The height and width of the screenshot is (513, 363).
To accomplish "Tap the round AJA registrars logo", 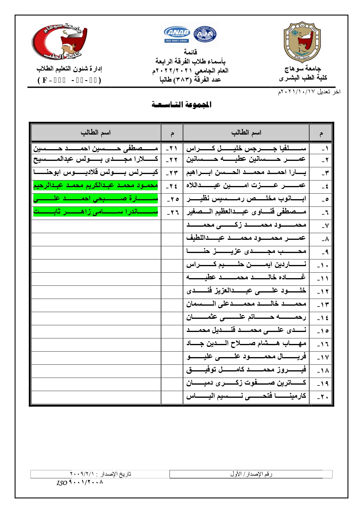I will point(205,35).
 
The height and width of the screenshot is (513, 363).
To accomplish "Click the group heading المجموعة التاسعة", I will point(181,104).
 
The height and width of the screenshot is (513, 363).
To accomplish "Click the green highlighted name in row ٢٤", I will point(96,185).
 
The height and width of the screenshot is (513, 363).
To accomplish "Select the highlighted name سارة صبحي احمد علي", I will point(96,199).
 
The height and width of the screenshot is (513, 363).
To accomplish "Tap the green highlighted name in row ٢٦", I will point(96,211).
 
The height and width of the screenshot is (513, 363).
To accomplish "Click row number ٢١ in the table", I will point(172,149).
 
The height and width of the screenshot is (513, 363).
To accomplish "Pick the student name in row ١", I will point(246,149).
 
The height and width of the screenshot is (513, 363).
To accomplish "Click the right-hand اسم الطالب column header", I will point(246,133).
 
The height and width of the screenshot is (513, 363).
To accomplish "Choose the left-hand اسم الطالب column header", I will point(96,133).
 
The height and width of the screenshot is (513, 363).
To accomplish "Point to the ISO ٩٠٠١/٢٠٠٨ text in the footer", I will point(80,483).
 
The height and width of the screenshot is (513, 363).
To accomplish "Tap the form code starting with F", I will point(69,80).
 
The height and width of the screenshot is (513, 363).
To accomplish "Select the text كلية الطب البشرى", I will point(303,78).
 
